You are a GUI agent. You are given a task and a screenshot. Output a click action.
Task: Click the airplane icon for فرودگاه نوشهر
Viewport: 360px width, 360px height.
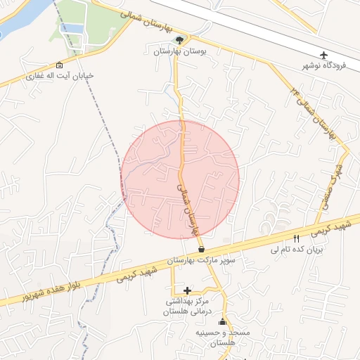coord(323,55)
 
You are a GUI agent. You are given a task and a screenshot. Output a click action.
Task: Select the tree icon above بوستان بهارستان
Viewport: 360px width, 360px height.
coord(179,40)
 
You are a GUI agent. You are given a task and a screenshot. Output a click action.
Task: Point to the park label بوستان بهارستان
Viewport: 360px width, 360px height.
coord(178,51)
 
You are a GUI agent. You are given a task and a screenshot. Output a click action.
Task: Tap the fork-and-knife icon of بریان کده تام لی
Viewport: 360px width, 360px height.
coord(296,238)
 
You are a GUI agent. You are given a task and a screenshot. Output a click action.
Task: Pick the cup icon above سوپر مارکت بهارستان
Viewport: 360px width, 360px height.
coord(202,249)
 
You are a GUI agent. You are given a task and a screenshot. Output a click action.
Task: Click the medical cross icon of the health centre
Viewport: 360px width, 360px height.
coord(186,290)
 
